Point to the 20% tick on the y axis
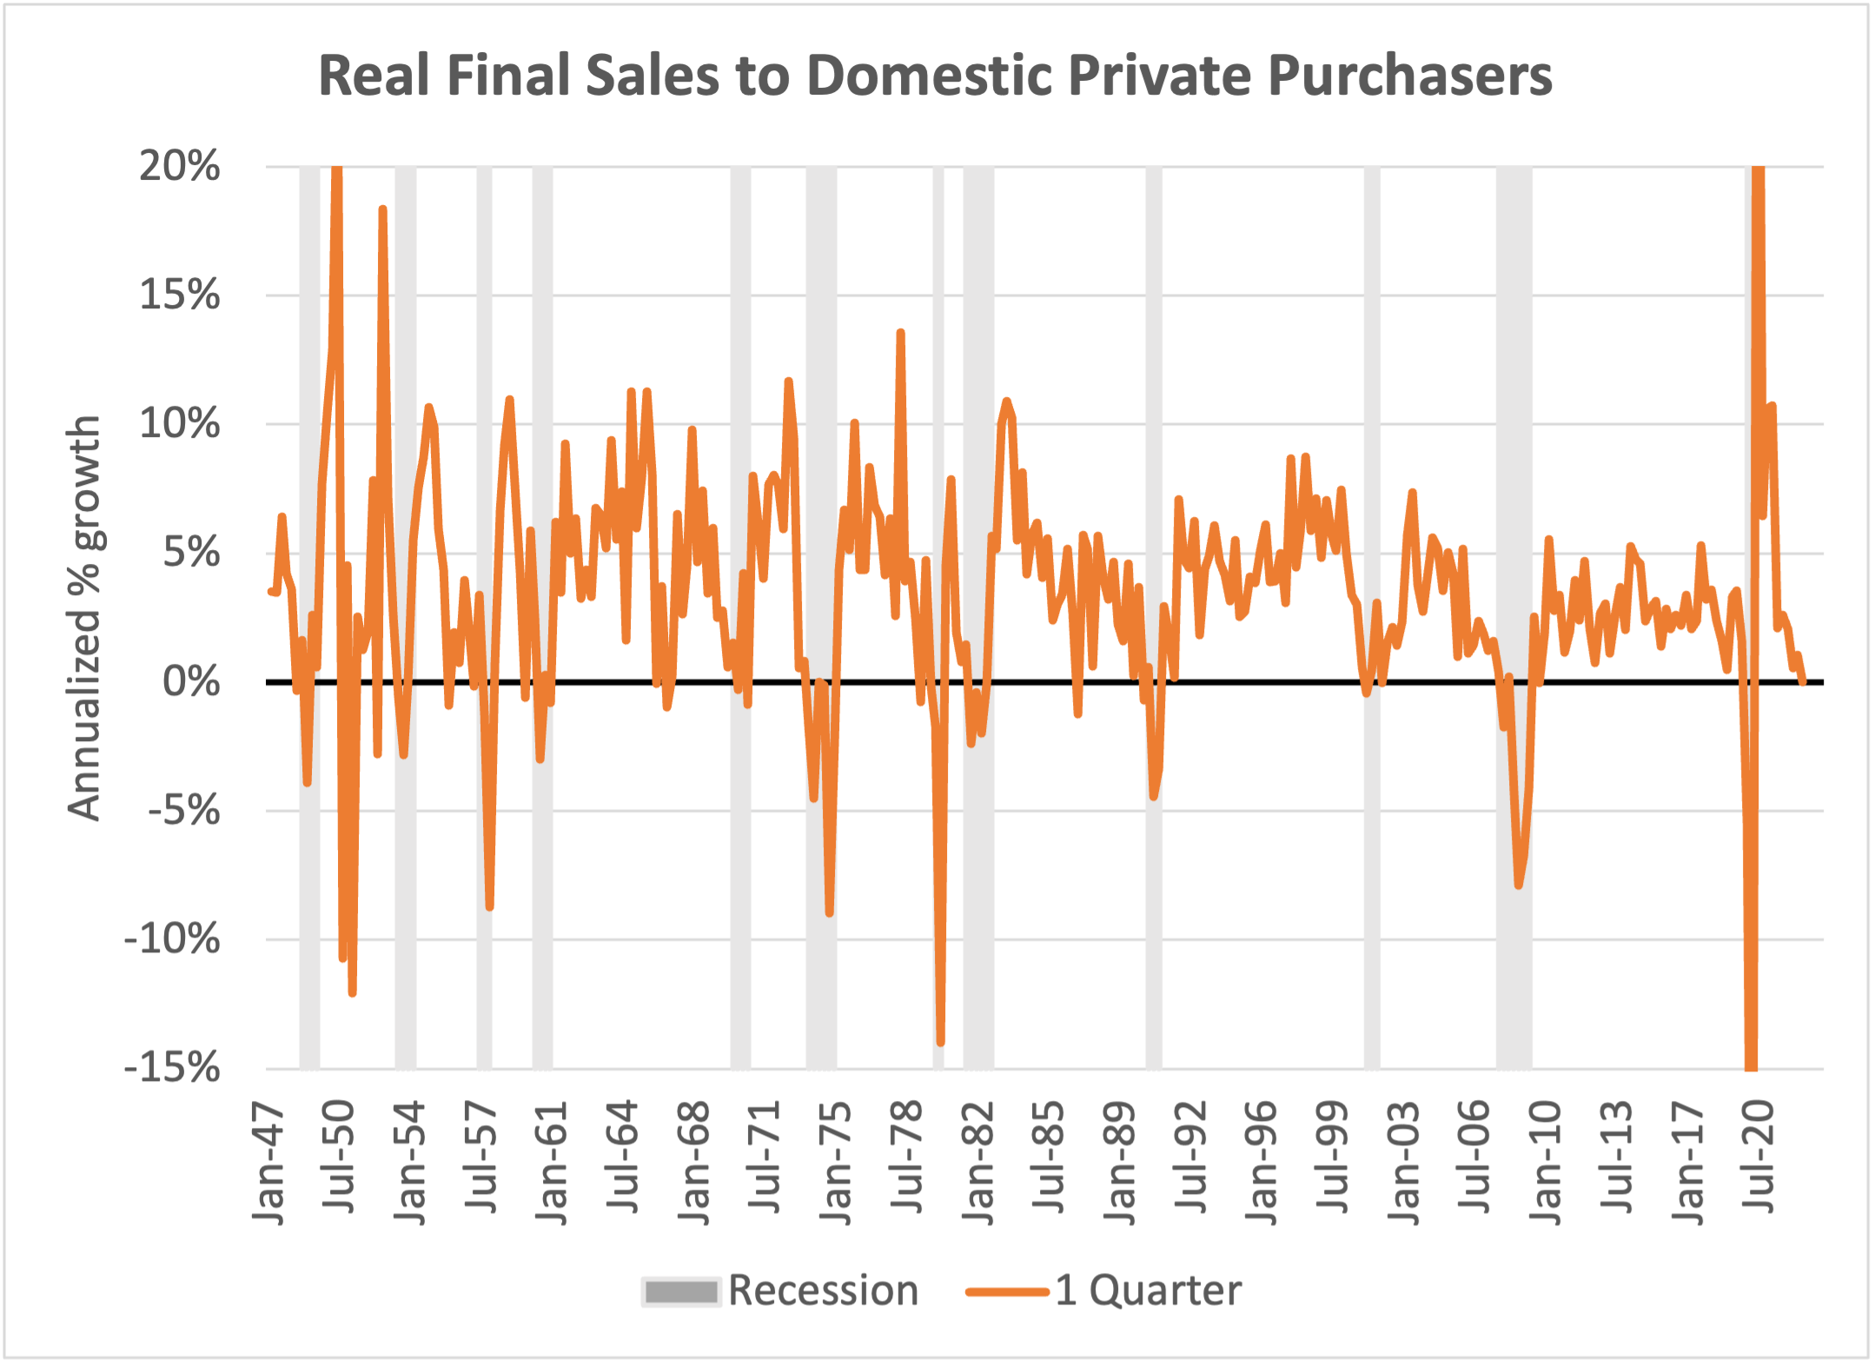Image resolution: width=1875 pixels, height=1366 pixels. click(x=180, y=166)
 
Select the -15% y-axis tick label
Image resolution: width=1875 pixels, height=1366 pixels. click(x=172, y=1068)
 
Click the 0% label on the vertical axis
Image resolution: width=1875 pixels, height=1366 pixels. click(x=191, y=682)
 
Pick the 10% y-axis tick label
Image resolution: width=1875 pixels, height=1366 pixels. click(x=180, y=424)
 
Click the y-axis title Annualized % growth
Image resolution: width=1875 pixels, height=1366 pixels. click(x=85, y=618)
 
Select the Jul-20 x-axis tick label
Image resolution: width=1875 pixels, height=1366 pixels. click(x=1759, y=1157)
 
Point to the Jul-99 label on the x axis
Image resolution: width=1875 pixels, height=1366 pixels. click(x=1333, y=1157)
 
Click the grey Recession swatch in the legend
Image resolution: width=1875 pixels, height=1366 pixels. click(x=681, y=1292)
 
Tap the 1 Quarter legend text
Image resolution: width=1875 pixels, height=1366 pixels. click(x=1149, y=1291)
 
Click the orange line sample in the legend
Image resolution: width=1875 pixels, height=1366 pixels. click(x=1008, y=1292)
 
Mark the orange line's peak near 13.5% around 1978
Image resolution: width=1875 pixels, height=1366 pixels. click(x=901, y=333)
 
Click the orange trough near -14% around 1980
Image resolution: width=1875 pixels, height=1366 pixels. click(x=940, y=1042)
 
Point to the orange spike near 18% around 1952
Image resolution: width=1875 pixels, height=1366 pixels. click(x=382, y=209)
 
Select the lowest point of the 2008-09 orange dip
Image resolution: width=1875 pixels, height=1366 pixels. click(x=1518, y=885)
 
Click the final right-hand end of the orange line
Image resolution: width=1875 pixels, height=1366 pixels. click(x=1803, y=682)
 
